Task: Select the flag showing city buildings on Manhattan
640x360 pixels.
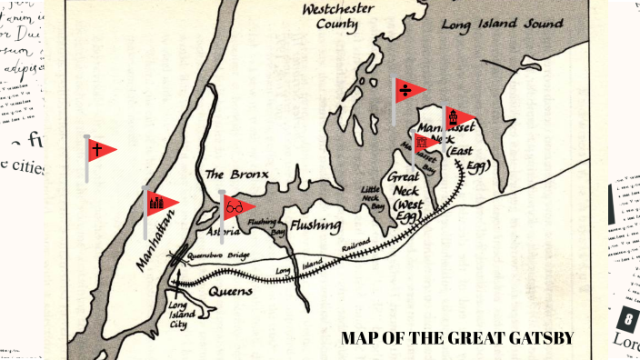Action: click(158, 204)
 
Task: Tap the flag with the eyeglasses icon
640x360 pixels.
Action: click(236, 208)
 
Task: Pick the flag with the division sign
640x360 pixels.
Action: click(410, 90)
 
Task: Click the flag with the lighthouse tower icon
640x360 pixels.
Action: click(457, 117)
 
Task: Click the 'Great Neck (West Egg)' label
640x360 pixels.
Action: click(407, 193)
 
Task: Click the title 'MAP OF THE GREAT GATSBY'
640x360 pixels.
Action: click(457, 338)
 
